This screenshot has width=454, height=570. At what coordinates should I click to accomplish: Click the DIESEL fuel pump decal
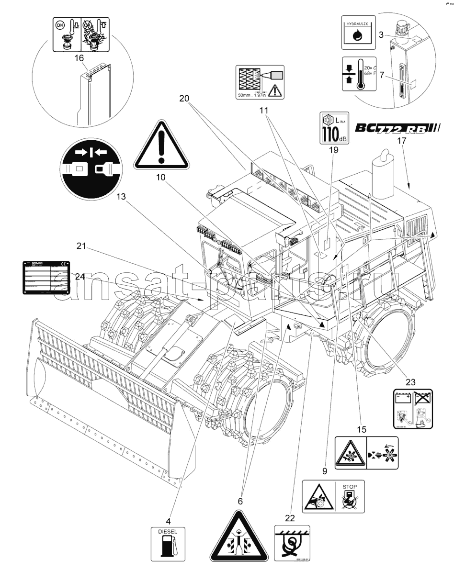[167, 543]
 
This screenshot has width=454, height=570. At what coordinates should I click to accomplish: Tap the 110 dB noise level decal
[334, 127]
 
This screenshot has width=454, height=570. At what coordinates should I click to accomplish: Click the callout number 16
[79, 57]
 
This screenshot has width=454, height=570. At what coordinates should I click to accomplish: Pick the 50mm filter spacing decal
[261, 82]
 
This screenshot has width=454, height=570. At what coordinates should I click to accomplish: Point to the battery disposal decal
[411, 409]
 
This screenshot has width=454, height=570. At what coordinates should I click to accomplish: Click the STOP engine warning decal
[332, 496]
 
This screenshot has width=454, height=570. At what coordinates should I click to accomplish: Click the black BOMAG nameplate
[45, 277]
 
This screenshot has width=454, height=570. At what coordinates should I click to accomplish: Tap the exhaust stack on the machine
[383, 177]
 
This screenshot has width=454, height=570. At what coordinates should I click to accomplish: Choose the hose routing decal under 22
[292, 542]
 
